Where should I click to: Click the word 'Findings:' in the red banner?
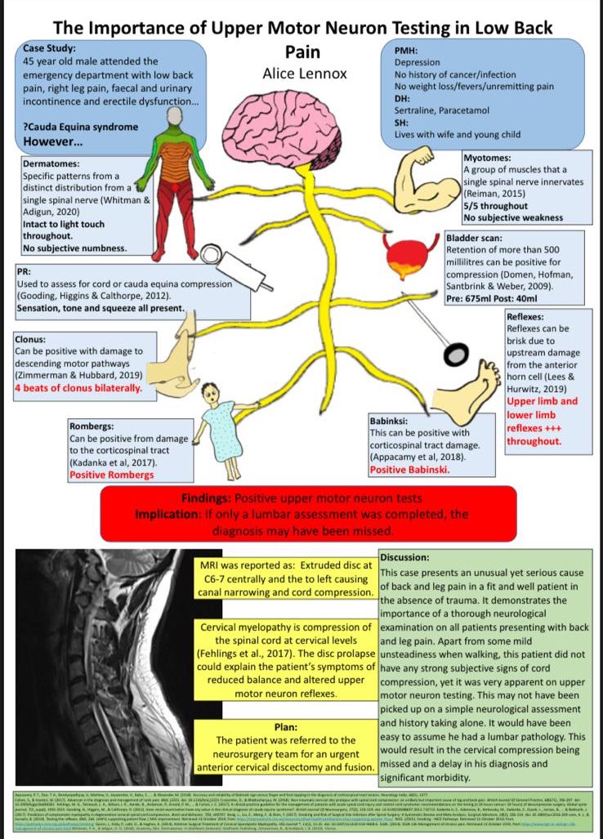tap(207, 498)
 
